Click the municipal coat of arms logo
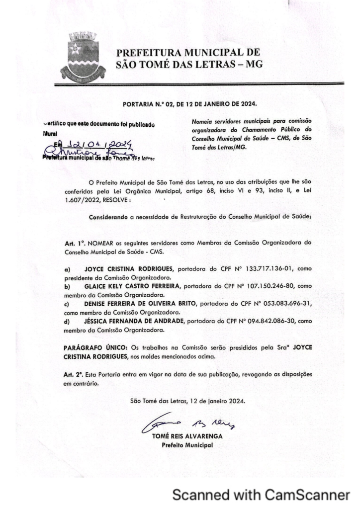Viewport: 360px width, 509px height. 79,58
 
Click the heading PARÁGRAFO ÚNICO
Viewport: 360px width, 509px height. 94,346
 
